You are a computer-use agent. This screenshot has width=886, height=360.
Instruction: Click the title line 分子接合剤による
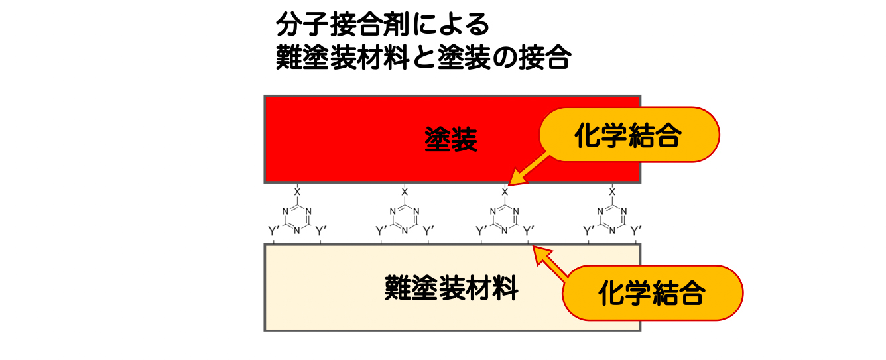383,25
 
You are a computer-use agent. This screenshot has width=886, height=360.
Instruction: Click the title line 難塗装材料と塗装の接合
423,58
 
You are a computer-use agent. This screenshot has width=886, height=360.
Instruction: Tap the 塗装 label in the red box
451,141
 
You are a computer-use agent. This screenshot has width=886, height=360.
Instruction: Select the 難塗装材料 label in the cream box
451,289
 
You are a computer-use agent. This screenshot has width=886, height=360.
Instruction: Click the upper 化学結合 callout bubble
629,135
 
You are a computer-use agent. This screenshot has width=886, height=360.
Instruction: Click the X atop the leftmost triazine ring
298,192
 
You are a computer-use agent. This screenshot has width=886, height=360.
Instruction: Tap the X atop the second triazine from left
405,192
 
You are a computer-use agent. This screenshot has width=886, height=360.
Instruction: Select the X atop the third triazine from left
505,192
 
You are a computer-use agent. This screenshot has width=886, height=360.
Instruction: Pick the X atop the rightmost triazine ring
612,192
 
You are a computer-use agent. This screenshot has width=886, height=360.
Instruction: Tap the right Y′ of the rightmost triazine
637,231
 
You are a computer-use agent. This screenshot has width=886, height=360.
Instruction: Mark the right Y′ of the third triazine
529,231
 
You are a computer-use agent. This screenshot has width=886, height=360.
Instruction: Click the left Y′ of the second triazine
382,231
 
